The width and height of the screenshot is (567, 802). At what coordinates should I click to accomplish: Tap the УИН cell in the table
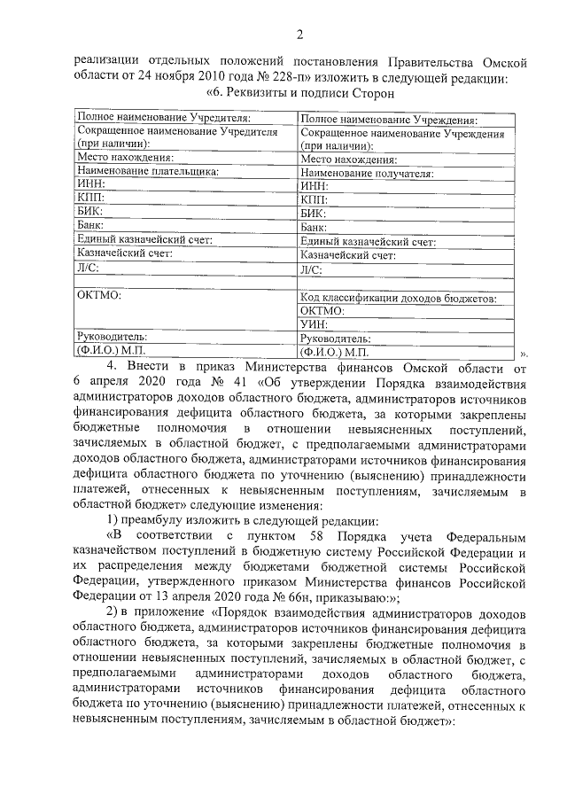315,324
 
